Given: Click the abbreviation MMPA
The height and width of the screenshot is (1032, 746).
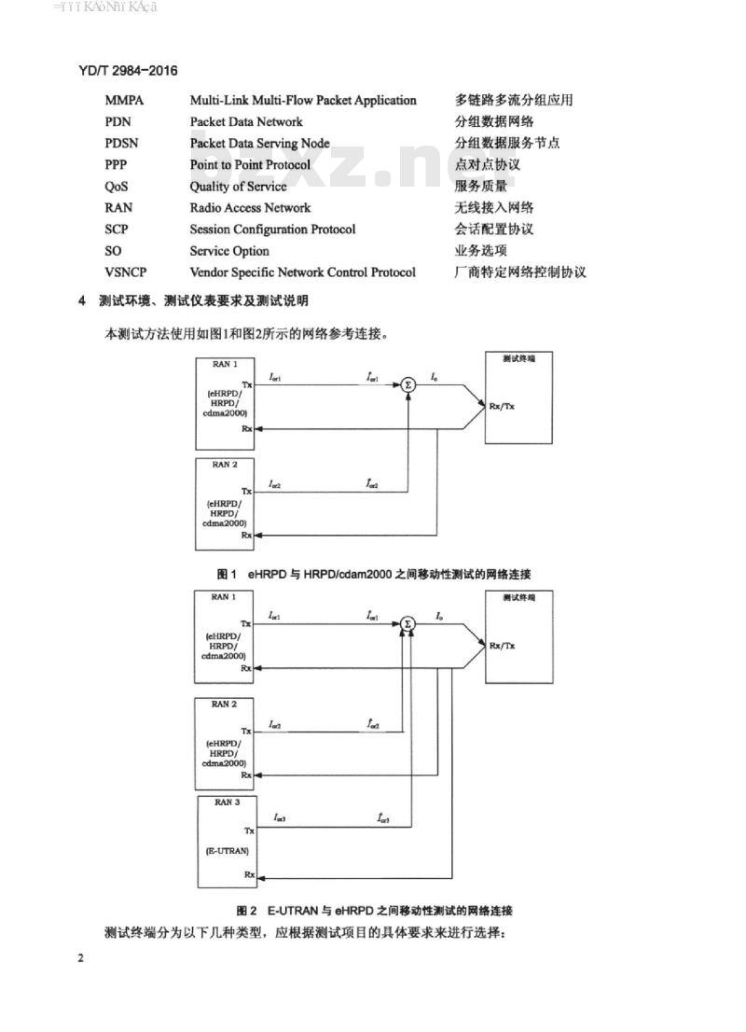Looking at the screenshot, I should pyautogui.click(x=125, y=100).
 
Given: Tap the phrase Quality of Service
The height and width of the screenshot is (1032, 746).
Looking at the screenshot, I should pyautogui.click(x=238, y=187).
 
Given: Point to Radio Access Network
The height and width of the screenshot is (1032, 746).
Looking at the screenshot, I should pyautogui.click(x=250, y=208).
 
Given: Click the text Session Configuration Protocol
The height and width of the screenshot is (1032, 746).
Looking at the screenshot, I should pyautogui.click(x=272, y=230).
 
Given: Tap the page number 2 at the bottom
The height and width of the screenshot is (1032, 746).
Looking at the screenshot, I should pyautogui.click(x=81, y=959).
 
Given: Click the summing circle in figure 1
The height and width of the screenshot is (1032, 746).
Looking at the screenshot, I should pyautogui.click(x=408, y=384).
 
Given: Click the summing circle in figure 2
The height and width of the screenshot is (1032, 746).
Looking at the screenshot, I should pyautogui.click(x=408, y=623).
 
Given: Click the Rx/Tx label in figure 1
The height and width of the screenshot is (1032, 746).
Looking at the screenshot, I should pyautogui.click(x=503, y=407).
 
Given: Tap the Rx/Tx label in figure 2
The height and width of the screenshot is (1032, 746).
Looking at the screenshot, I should pyautogui.click(x=503, y=646).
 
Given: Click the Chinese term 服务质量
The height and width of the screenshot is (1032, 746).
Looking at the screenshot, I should pyautogui.click(x=480, y=187).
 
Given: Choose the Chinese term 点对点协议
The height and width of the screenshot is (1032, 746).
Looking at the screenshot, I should pyautogui.click(x=487, y=165).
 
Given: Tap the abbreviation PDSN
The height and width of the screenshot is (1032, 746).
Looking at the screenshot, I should pyautogui.click(x=123, y=144).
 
